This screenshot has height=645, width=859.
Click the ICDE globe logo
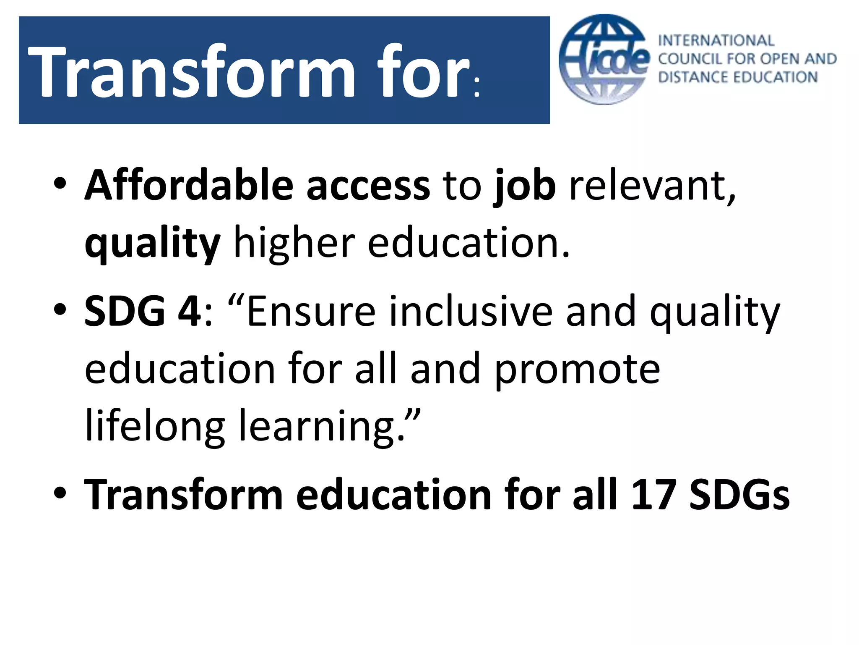pyautogui.click(x=604, y=60)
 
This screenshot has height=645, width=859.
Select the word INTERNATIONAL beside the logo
pyautogui.click(x=716, y=40)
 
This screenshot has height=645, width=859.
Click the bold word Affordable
pyautogui.click(x=189, y=185)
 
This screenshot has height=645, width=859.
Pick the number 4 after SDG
pyautogui.click(x=190, y=311)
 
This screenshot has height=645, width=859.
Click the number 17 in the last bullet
pyautogui.click(x=653, y=495)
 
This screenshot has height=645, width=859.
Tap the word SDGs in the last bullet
pyautogui.click(x=739, y=495)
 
